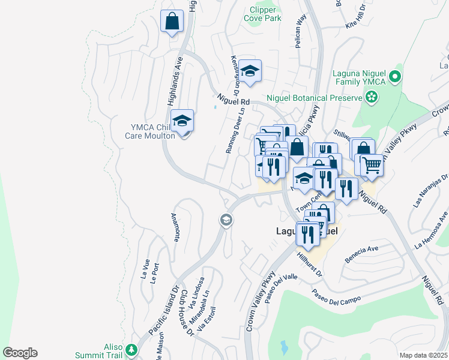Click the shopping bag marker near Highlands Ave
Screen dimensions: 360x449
[x=172, y=22]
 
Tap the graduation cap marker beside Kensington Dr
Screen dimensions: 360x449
[x=250, y=71]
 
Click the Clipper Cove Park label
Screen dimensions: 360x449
[x=262, y=14]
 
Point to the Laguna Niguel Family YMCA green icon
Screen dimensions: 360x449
[x=394, y=76]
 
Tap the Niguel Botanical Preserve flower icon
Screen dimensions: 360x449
[x=372, y=97]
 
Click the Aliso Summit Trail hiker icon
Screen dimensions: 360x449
[x=132, y=349]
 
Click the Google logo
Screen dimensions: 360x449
[x=20, y=353]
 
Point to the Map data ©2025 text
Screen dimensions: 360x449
[x=423, y=355]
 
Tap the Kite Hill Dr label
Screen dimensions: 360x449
[x=360, y=17]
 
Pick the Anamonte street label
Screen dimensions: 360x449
[x=175, y=227]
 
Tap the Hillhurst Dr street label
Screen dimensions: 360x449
[x=310, y=265]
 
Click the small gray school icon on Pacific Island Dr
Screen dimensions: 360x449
[x=226, y=220]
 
